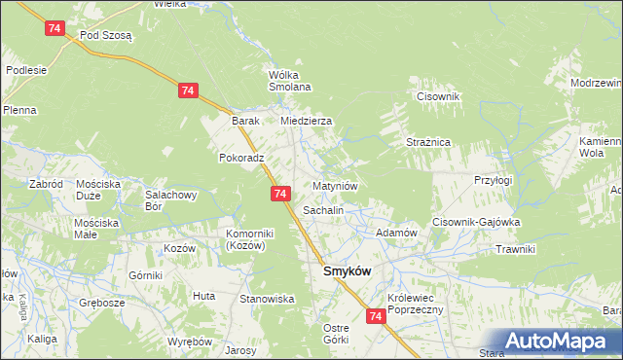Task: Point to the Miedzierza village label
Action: tap(306, 121)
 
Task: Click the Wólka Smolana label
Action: tap(289, 81)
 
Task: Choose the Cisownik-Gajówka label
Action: tap(477, 222)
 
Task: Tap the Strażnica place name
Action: tap(427, 142)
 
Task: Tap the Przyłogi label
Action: tap(493, 180)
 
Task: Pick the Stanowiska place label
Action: tap(268, 299)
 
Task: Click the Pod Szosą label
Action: tap(106, 33)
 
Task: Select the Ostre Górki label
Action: tap(336, 334)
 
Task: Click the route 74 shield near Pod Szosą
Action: tap(55, 29)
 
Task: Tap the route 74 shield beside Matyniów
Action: tap(280, 195)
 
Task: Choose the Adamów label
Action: tap(396, 234)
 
